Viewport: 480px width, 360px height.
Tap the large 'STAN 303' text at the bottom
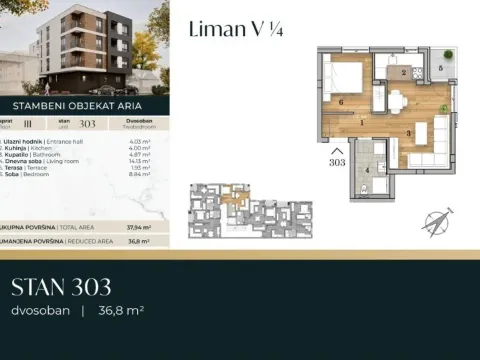61,289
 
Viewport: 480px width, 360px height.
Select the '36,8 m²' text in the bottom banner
121,311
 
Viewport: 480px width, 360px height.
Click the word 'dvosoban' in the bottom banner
39,311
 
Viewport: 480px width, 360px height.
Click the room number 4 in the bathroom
368,170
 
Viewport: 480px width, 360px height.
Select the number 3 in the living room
408,132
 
